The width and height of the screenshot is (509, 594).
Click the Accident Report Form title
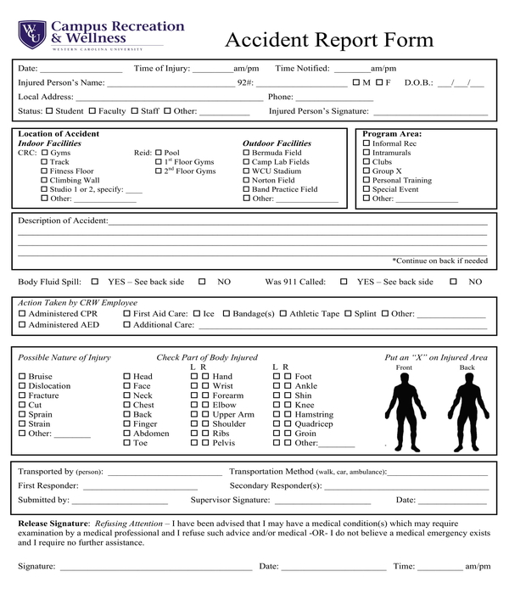pyautogui.click(x=328, y=40)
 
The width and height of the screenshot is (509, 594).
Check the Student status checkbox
pyautogui.click(x=49, y=111)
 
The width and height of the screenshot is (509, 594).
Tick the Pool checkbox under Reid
pyautogui.click(x=159, y=153)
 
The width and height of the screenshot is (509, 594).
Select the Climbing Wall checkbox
pyautogui.click(x=44, y=181)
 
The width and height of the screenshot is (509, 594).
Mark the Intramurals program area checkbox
pyautogui.click(x=366, y=153)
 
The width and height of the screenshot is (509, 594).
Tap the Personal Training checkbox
pyautogui.click(x=366, y=181)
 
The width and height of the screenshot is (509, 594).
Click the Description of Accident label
pyautogui.click(x=63, y=221)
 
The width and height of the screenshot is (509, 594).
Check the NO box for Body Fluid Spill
pyautogui.click(x=202, y=282)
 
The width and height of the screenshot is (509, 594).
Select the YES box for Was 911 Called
pyautogui.click(x=344, y=282)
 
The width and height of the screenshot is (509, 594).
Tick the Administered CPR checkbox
pyautogui.click(x=22, y=314)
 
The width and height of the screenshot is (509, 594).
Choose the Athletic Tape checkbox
pyautogui.click(x=283, y=314)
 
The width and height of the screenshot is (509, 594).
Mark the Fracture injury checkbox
pyautogui.click(x=22, y=395)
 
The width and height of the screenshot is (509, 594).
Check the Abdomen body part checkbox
pyautogui.click(x=127, y=433)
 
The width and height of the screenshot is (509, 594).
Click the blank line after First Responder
pyautogui.click(x=136, y=486)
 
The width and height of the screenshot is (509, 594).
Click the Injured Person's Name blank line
pyautogui.click(x=170, y=83)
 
